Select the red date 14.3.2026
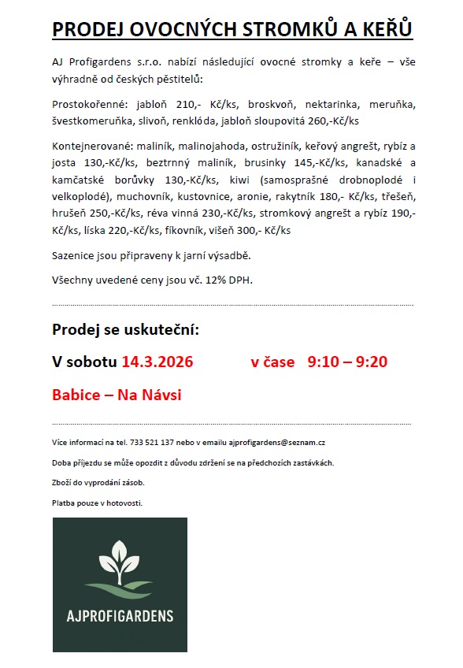[157, 362]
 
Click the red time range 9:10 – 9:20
[347, 362]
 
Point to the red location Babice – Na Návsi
[117, 395]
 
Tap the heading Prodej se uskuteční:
[126, 329]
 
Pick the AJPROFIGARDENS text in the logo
[120, 615]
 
